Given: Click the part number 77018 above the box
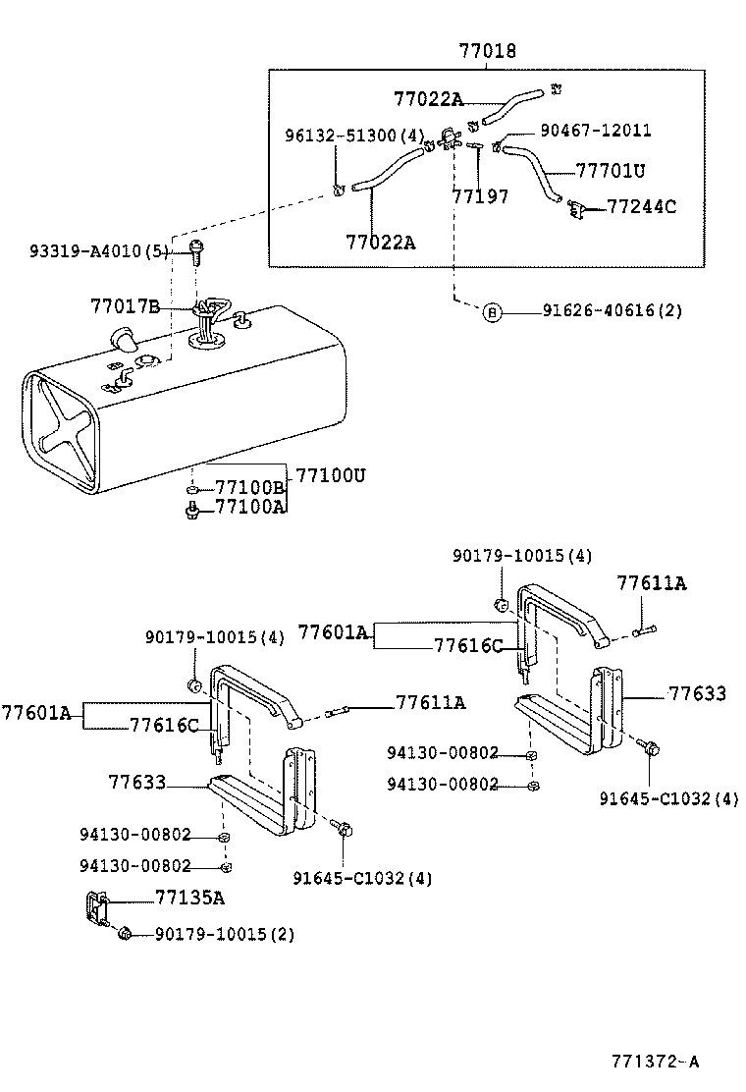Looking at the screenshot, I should (x=488, y=50).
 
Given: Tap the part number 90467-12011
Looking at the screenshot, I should (x=595, y=131).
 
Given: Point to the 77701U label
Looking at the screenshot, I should (x=610, y=170).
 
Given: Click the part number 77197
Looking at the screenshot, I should (x=480, y=196).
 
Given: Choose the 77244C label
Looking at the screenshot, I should (x=642, y=207).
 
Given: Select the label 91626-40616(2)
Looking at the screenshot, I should (x=612, y=311).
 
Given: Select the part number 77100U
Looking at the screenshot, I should (x=331, y=474).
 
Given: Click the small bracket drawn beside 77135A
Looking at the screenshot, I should (x=95, y=907).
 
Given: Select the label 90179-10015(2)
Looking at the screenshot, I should (x=224, y=934).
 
